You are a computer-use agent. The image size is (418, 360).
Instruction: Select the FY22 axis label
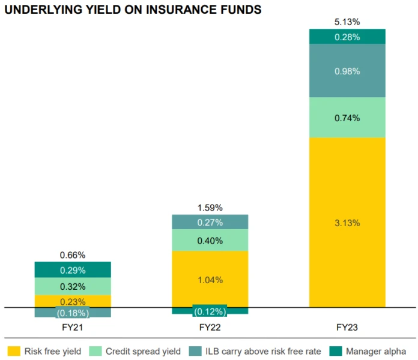pos(210,328)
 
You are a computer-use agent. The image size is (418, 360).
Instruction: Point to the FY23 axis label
pos(347,328)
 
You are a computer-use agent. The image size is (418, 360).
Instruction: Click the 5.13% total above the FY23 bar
pos(347,22)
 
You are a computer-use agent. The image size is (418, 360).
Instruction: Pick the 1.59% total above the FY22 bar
pos(210,208)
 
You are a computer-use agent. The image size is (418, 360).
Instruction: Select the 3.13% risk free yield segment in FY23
pos(347,223)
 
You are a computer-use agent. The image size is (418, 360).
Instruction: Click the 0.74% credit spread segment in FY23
pos(347,118)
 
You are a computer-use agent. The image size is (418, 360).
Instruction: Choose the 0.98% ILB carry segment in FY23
pos(347,71)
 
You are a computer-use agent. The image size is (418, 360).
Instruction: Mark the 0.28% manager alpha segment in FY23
pos(347,37)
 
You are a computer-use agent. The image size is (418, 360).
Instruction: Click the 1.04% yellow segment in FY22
pos(210,279)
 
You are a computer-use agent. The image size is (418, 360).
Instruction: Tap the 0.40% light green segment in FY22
pos(210,241)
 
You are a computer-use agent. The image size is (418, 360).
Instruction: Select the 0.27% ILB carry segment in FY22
pos(210,223)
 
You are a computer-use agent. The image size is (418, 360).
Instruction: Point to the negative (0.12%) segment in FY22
pos(210,311)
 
